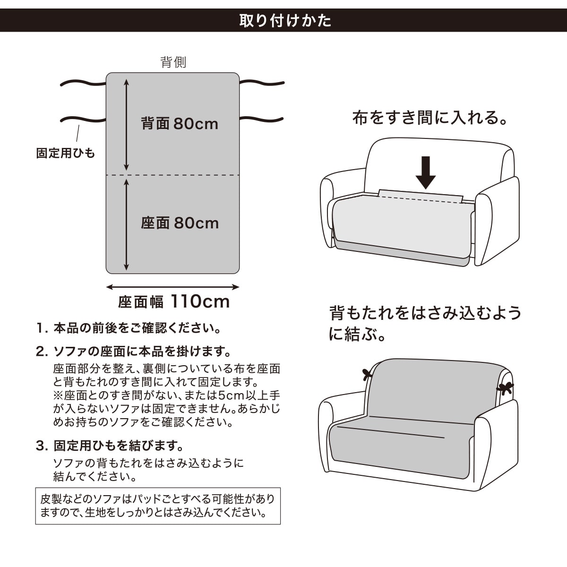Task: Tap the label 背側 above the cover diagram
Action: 173,62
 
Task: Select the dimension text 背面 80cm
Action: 180,124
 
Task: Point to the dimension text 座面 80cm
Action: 180,223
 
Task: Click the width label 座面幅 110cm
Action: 173,301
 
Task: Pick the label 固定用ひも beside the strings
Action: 66,153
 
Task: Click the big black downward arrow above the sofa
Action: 425,172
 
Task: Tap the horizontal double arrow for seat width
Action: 172,287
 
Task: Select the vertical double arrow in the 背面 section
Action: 126,125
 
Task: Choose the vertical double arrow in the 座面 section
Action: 126,224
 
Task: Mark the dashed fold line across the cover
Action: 173,175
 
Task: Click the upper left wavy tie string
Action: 83,84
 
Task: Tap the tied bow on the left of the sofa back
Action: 367,375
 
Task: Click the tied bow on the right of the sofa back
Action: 505,388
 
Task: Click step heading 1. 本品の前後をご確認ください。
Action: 129,328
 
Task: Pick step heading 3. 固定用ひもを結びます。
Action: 110,446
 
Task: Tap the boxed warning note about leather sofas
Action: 158,506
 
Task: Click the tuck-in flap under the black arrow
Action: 420,196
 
